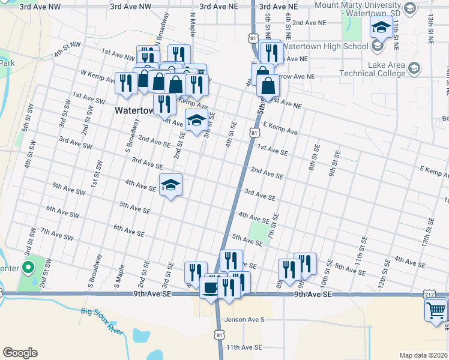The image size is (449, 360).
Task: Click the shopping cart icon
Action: click(436, 311)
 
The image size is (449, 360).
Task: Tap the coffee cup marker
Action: click(209, 288)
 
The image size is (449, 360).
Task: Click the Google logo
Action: click(20, 353)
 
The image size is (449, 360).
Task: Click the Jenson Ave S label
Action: click(244, 320)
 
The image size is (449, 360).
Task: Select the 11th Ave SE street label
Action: click(244, 347)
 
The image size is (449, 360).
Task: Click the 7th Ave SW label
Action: click(56, 234)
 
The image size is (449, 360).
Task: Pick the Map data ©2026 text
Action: click(423, 355)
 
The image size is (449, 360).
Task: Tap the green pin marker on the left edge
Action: click(27, 268)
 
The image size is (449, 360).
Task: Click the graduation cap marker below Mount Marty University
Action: click(381, 27)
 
